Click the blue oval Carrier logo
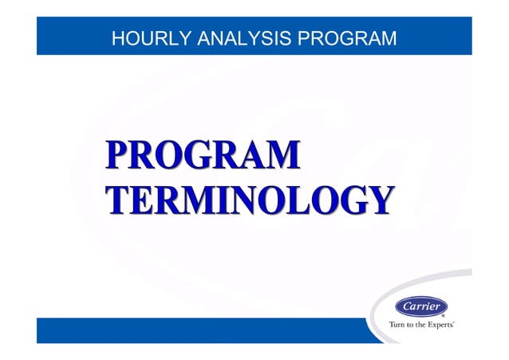click(420, 307)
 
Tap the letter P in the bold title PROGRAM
click(116, 154)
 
